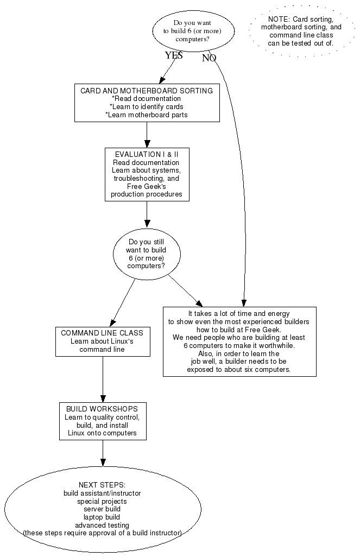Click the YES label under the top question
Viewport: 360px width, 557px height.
(174, 55)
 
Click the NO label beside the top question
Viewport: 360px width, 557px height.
(209, 59)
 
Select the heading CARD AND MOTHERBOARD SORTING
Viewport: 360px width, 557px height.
(147, 91)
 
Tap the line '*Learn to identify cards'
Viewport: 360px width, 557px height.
(147, 107)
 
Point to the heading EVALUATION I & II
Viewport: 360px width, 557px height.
(147, 155)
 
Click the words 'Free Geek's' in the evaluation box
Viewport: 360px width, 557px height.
(147, 186)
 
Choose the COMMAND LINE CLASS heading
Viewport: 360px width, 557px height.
(102, 333)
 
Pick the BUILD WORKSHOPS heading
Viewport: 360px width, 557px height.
(102, 409)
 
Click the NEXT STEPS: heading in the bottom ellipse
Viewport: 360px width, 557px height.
(102, 485)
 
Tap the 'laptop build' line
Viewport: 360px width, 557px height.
(102, 517)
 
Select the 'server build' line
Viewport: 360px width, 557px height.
(102, 509)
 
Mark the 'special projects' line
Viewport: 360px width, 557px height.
(102, 501)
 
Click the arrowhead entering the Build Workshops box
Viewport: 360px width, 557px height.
(103, 398)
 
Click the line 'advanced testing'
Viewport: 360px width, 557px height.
(102, 525)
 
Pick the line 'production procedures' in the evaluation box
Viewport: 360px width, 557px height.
(147, 194)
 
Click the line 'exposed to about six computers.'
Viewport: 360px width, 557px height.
(239, 369)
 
